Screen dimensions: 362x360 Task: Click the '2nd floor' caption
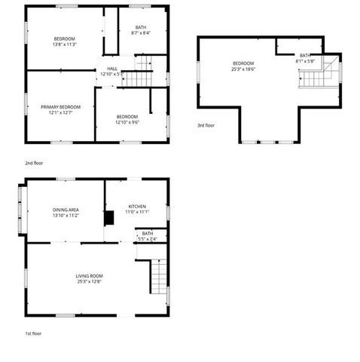click(33, 162)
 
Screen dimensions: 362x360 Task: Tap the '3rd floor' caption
click(206, 125)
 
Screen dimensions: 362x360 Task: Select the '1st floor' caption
click(32, 333)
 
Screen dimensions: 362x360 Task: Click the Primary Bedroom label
click(60, 107)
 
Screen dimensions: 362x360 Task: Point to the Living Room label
click(89, 276)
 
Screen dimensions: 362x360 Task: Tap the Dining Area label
click(66, 210)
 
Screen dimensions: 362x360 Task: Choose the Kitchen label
click(136, 206)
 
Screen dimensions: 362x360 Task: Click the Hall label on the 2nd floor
click(111, 68)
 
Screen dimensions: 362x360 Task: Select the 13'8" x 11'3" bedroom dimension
click(64, 44)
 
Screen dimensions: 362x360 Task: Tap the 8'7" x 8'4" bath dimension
click(140, 33)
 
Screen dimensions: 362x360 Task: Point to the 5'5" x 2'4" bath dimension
click(148, 239)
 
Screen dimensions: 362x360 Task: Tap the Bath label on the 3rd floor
click(304, 55)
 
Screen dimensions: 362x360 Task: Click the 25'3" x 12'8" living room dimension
click(89, 282)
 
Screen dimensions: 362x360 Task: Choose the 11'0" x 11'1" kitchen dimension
click(136, 212)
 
